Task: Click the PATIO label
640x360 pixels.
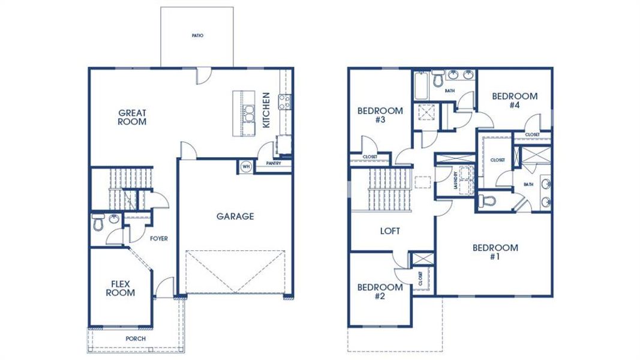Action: click(197, 35)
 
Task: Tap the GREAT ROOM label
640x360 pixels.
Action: click(132, 117)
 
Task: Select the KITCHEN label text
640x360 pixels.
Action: click(266, 110)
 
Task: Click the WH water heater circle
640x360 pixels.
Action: click(246, 166)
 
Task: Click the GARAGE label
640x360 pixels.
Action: click(235, 216)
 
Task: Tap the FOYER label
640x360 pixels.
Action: click(158, 238)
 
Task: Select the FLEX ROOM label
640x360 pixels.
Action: click(121, 288)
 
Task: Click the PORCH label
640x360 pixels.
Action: click(135, 338)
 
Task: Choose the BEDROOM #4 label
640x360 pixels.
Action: click(514, 100)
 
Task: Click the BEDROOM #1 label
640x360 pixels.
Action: click(495, 252)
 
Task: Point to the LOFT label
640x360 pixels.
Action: click(390, 230)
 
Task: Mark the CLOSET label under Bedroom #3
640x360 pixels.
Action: click(370, 157)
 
